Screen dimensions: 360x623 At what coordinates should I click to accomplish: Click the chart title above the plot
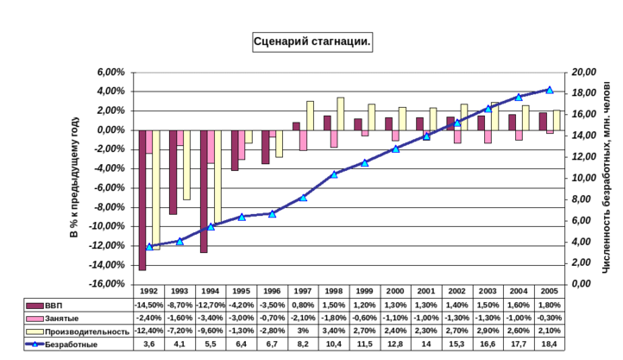pyautogui.click(x=311, y=41)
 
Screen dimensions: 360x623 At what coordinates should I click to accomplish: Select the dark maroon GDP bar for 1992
pyautogui.click(x=142, y=199)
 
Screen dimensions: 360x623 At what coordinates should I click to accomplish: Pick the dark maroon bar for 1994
pyautogui.click(x=204, y=191)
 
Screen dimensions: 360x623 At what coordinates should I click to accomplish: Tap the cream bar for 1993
pyautogui.click(x=186, y=164)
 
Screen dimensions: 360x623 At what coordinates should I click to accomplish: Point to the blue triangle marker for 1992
pyautogui.click(x=149, y=247)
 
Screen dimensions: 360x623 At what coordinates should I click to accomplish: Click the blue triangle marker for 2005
pyautogui.click(x=550, y=90)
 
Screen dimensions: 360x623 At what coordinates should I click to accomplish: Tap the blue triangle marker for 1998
pyautogui.click(x=334, y=175)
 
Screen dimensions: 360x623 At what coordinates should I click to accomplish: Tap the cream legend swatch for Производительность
pyautogui.click(x=35, y=332)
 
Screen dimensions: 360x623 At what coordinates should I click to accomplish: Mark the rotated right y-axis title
pyautogui.click(x=607, y=177)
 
